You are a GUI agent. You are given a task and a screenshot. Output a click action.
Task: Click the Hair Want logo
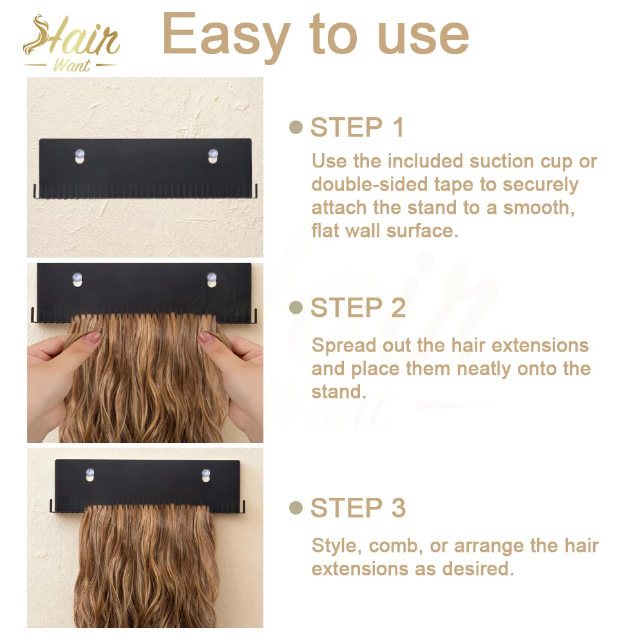click(71, 44)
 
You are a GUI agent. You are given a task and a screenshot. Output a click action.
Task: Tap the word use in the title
click(423, 39)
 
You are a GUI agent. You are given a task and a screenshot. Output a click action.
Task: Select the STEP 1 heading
click(357, 128)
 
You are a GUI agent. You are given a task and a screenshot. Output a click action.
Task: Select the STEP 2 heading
click(357, 308)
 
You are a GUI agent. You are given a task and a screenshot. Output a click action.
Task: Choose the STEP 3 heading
click(357, 507)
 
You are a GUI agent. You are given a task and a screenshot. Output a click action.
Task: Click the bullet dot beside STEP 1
click(296, 128)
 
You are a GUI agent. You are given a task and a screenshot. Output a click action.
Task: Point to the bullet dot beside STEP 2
click(296, 307)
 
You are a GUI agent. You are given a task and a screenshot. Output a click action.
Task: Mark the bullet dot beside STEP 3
click(296, 507)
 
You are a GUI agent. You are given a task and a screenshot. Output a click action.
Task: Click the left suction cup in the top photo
click(80, 156)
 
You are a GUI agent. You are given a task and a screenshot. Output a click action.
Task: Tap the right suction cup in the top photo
click(213, 156)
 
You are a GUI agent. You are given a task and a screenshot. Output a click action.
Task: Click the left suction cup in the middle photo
click(77, 279)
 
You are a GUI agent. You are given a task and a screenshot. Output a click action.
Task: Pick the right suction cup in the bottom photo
click(206, 475)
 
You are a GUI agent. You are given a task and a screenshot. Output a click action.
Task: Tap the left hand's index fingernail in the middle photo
click(92, 338)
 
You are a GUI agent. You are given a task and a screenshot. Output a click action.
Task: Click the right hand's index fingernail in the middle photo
click(206, 338)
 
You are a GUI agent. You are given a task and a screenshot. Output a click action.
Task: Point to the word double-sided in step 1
click(370, 185)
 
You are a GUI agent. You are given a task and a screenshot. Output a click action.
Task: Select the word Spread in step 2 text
click(344, 346)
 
